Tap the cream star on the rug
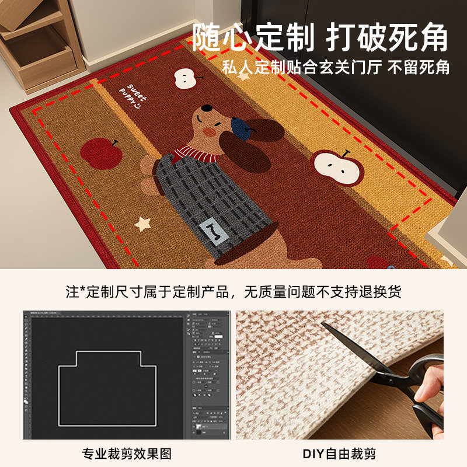point(142,224)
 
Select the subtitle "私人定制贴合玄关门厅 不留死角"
point(336,67)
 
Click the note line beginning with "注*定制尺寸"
point(233,291)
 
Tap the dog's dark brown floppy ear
point(257,140)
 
